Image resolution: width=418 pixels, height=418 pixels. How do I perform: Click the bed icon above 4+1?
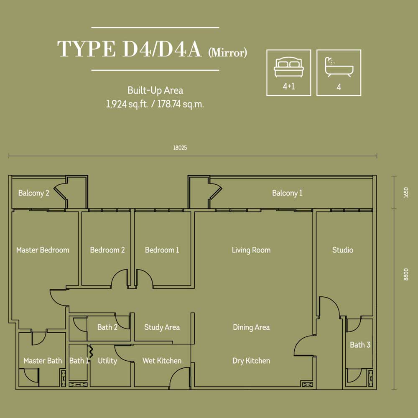(x=289, y=67)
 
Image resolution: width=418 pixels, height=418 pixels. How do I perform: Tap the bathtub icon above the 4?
(x=339, y=66)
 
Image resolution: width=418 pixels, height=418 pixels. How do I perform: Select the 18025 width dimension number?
(x=180, y=148)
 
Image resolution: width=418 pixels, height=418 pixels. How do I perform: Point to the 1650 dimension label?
(x=406, y=192)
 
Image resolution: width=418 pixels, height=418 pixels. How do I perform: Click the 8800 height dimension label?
(x=406, y=274)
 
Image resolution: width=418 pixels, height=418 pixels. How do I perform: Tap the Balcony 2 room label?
(x=34, y=193)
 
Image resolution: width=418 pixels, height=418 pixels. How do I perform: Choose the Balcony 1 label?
(x=287, y=193)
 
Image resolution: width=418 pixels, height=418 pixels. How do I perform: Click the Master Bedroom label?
(x=43, y=250)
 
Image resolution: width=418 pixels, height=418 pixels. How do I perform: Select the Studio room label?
(x=343, y=250)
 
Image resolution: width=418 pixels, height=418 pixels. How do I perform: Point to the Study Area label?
(x=162, y=327)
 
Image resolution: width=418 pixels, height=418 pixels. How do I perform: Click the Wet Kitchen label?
(x=162, y=361)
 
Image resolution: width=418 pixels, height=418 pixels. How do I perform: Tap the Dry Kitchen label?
(x=251, y=361)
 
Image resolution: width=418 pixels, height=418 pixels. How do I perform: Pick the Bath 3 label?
(x=360, y=345)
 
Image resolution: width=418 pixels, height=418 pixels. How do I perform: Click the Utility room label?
(x=107, y=361)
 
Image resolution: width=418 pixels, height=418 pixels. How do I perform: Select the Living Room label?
(x=251, y=250)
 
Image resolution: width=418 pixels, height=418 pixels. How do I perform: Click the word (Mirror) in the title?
(x=228, y=53)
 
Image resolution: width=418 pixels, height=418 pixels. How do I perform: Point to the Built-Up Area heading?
(x=155, y=91)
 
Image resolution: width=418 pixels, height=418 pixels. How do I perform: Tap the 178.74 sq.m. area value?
(x=181, y=104)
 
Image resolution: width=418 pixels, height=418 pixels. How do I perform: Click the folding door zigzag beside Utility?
(x=91, y=351)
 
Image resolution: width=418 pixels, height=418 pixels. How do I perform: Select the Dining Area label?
(x=251, y=327)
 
